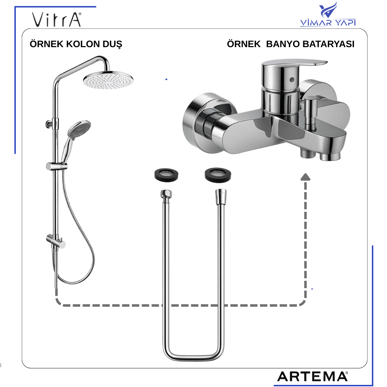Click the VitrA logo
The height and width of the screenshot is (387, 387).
click(x=57, y=19)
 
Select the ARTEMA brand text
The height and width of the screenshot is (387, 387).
click(x=312, y=377)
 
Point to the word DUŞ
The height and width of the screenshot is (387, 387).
click(x=112, y=44)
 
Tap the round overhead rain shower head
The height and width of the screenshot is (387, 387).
click(x=108, y=80)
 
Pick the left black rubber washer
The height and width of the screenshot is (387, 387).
click(x=166, y=175)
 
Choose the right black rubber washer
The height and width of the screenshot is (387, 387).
click(x=218, y=175)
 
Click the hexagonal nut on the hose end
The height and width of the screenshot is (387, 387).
click(x=166, y=193)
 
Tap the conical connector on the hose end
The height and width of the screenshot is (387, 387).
click(x=221, y=196)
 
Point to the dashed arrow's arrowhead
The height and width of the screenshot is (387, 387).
click(x=305, y=177)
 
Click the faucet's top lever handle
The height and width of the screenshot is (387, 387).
click(x=294, y=65)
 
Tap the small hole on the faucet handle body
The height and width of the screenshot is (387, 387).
click(x=292, y=80)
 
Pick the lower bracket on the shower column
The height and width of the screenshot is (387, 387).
click(x=56, y=241)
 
